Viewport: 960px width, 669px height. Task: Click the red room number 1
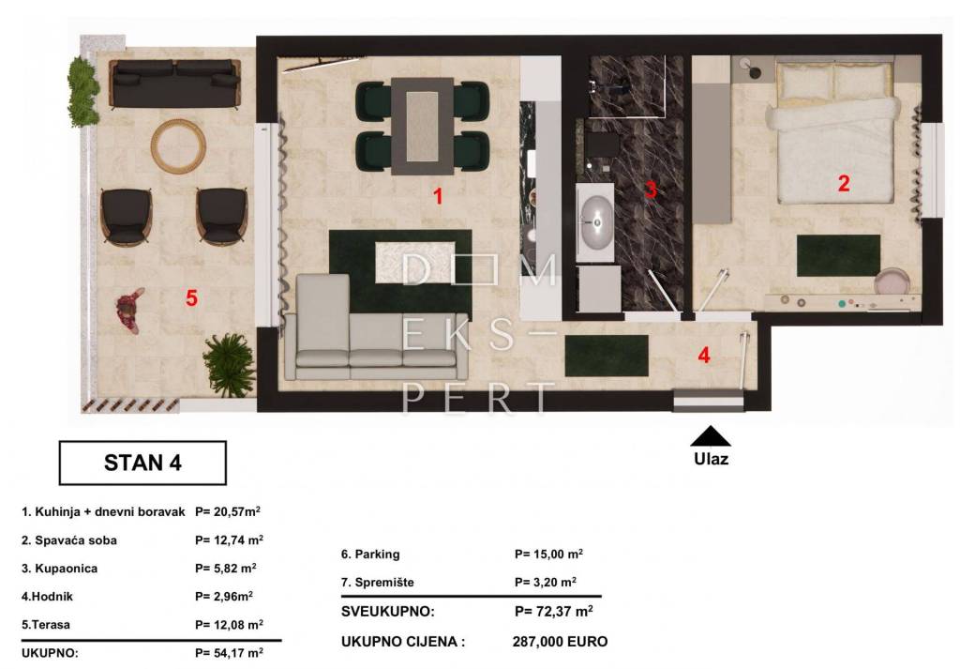(438, 196)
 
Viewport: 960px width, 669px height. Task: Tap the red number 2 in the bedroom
(844, 183)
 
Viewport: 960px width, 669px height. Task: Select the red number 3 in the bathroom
(651, 190)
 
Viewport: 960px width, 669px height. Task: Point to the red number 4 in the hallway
(704, 356)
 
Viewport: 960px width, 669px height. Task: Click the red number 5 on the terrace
(191, 298)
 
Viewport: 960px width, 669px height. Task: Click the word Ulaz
(711, 459)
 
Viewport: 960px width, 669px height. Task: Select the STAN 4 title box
(142, 463)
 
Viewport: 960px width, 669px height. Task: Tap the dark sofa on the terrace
(174, 83)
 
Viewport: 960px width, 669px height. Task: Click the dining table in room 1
(423, 126)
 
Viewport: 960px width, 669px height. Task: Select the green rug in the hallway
(607, 356)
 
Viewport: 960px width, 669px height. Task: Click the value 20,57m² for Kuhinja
(228, 511)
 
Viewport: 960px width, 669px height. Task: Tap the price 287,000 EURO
(561, 642)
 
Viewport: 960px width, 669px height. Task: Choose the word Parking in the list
(377, 555)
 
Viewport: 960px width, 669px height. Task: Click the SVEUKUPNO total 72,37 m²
(553, 611)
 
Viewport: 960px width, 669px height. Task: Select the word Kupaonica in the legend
(67, 569)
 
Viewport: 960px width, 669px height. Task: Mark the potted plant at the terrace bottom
(229, 363)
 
